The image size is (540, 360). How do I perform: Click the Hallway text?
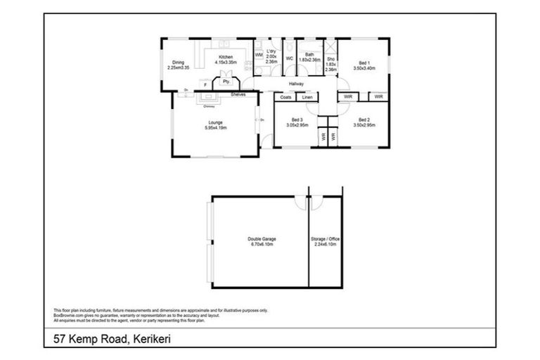(x=296, y=84)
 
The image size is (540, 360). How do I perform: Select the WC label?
(x=289, y=58)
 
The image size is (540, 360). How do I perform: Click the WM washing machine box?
(x=258, y=54)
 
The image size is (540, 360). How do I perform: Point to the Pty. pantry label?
(x=226, y=82)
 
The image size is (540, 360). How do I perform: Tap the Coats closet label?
(x=285, y=97)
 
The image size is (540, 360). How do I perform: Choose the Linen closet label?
(x=307, y=97)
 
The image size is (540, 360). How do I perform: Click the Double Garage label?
(x=261, y=242)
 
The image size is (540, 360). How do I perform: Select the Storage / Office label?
(x=325, y=242)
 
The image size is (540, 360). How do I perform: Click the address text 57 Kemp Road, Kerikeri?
(x=112, y=338)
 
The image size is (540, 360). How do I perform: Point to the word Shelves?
(x=238, y=94)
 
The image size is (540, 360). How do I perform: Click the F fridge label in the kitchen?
(x=205, y=85)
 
